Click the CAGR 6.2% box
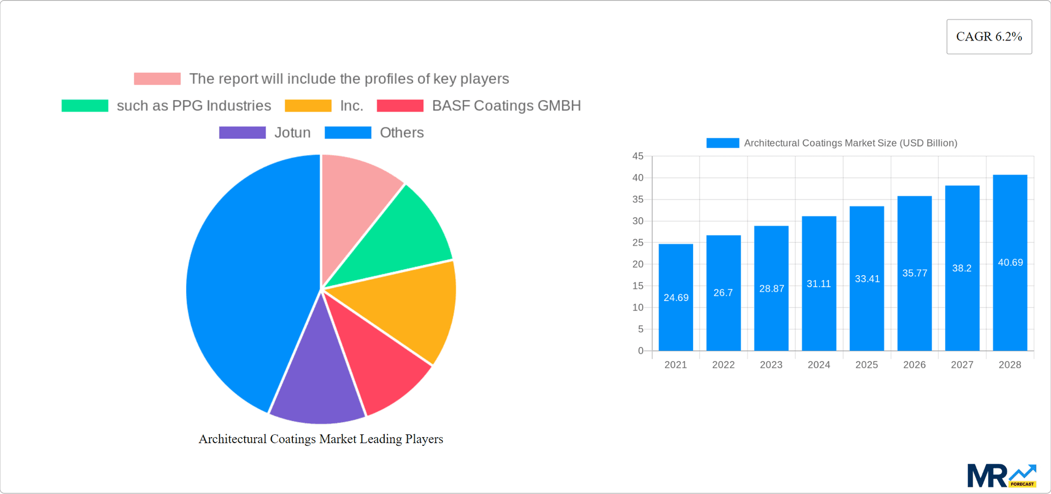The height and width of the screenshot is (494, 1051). [989, 37]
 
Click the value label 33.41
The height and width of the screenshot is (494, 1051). [867, 279]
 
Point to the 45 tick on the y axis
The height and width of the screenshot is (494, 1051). [638, 156]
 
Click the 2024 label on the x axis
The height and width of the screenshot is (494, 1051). [819, 365]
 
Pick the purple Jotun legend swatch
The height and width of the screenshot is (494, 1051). [242, 133]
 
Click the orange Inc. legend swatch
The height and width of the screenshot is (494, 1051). [308, 106]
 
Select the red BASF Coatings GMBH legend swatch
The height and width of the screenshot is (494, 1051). [400, 106]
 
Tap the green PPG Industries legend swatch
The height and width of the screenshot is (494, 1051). [85, 106]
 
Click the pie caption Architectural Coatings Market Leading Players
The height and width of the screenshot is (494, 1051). [321, 439]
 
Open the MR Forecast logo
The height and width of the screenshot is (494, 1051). [1001, 476]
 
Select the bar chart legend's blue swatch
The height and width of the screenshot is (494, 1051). [723, 143]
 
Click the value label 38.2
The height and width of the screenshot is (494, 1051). [962, 268]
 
